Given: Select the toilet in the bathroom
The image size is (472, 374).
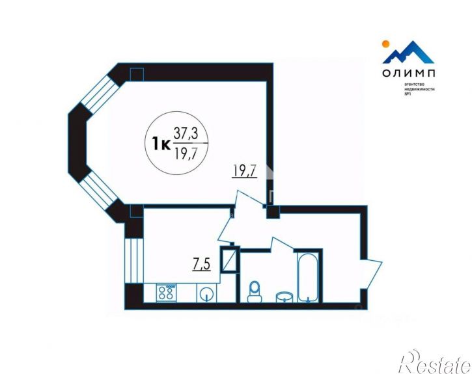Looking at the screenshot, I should pyautogui.click(x=255, y=291).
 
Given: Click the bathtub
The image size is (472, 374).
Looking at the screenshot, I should pyautogui.click(x=306, y=278).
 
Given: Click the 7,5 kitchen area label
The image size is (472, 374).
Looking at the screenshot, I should pyautogui.click(x=202, y=264).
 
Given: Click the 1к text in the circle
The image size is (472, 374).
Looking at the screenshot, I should pyautogui.click(x=160, y=142).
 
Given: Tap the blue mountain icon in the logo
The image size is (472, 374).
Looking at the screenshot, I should pyautogui.click(x=409, y=53).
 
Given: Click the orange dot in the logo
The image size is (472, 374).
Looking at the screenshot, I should pyautogui.click(x=385, y=44).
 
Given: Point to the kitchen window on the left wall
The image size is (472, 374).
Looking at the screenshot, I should pyautogui.click(x=132, y=260).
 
